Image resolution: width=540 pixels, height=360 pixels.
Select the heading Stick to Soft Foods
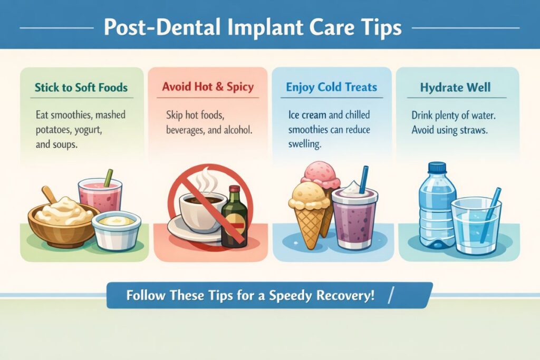81,87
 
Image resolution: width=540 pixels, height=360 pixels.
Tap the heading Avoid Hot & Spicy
208,86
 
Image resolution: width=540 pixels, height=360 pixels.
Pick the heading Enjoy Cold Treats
332,87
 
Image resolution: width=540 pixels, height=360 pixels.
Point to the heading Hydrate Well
455,87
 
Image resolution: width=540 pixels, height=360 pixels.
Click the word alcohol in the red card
238,130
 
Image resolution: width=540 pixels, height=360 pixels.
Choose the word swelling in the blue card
305,144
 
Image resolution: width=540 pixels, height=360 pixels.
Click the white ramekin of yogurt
117,230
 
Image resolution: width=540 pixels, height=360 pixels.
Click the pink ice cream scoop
320,175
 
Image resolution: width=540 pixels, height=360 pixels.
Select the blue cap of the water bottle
437,167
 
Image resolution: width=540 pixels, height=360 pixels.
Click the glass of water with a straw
476,225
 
